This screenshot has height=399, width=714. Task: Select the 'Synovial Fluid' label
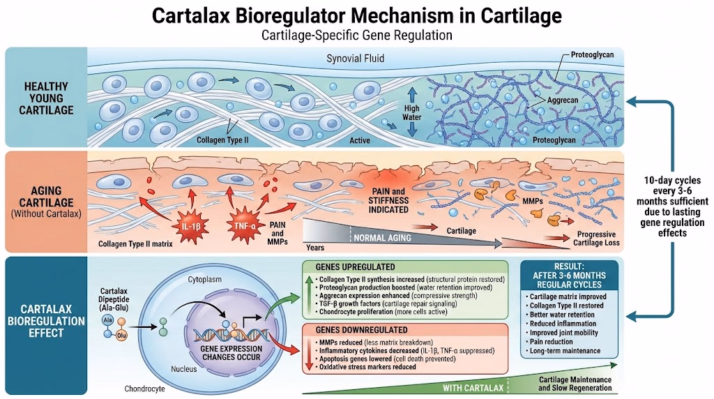[x=355, y=59]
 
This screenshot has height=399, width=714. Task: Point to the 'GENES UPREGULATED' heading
[x=356, y=267]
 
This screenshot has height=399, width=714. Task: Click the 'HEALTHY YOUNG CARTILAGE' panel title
[x=46, y=98]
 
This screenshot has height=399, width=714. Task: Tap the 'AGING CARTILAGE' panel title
[x=46, y=200]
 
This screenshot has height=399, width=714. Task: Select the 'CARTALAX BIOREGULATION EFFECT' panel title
[x=45, y=322]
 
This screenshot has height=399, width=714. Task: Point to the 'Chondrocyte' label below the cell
[x=144, y=388]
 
